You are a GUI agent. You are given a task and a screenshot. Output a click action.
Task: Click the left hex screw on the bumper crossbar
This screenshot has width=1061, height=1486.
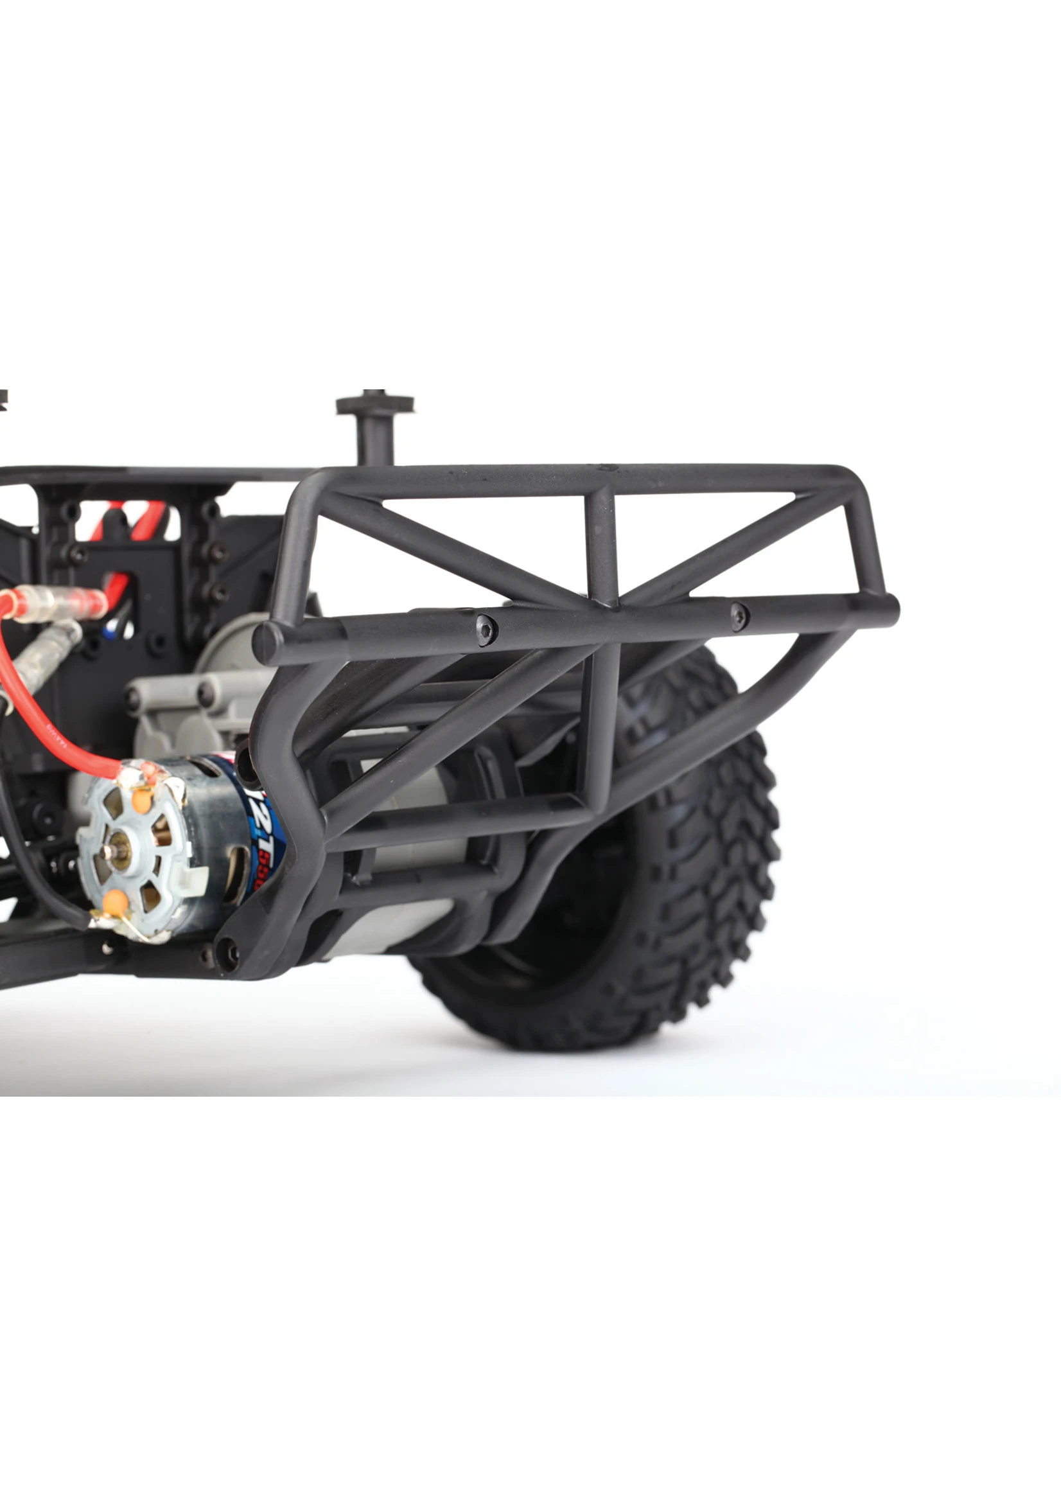tap(486, 630)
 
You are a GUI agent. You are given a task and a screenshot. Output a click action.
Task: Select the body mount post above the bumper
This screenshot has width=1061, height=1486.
tap(376, 425)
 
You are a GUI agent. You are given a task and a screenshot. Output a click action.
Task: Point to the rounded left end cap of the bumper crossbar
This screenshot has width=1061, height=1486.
tap(265, 644)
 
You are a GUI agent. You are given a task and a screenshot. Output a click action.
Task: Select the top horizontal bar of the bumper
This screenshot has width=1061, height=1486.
tap(588, 477)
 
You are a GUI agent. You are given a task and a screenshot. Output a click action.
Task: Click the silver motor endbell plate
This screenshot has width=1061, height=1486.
tap(141, 849)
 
